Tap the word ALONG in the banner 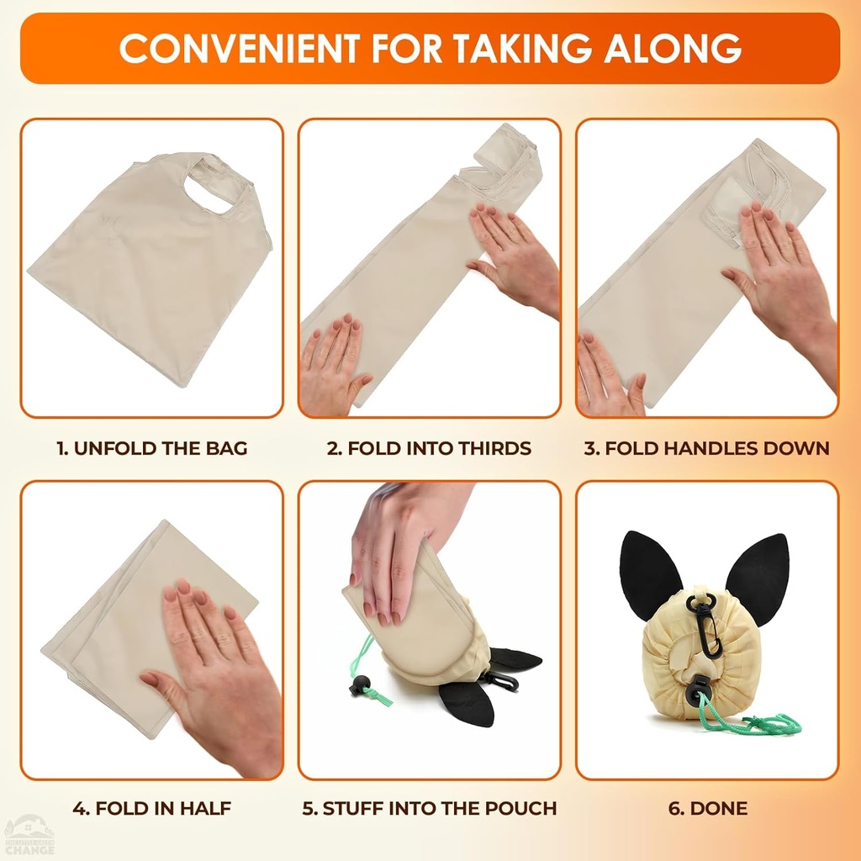tap(672, 48)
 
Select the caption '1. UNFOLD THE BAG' tap(152, 448)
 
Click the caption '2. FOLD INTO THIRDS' tap(429, 448)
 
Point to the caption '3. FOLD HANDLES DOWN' tap(706, 448)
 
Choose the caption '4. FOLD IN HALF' tap(151, 809)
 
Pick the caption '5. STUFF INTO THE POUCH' tap(429, 809)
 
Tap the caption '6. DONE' tap(707, 809)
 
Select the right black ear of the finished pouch tap(758, 575)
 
